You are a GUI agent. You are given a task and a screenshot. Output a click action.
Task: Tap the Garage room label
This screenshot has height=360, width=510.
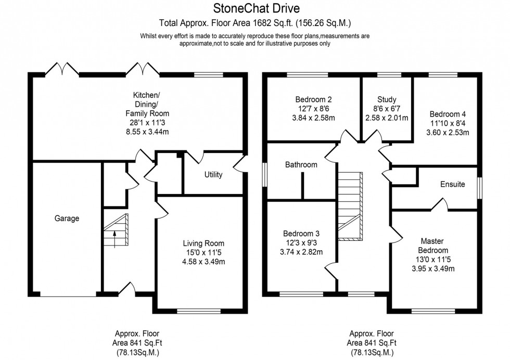67,218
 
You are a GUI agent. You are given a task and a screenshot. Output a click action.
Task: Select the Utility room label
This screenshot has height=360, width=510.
213,175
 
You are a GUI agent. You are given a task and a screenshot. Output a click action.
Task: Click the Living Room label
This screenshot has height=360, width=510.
200,243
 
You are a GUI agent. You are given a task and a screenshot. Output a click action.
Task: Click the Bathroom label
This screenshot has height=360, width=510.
301,165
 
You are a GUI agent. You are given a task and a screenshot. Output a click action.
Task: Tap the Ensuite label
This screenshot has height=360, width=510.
452,184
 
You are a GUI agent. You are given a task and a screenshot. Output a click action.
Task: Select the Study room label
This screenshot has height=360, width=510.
387,99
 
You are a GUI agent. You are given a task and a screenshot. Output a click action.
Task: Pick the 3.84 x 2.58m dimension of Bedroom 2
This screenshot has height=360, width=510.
314,118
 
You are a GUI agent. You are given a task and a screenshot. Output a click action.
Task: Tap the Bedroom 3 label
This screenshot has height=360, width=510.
301,234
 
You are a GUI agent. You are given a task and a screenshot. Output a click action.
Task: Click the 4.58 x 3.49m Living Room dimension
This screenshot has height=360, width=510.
200,262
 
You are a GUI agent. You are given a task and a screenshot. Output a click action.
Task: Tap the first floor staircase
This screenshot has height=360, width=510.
350,206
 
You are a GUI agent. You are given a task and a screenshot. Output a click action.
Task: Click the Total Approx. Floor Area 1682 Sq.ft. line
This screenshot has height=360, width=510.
256,23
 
